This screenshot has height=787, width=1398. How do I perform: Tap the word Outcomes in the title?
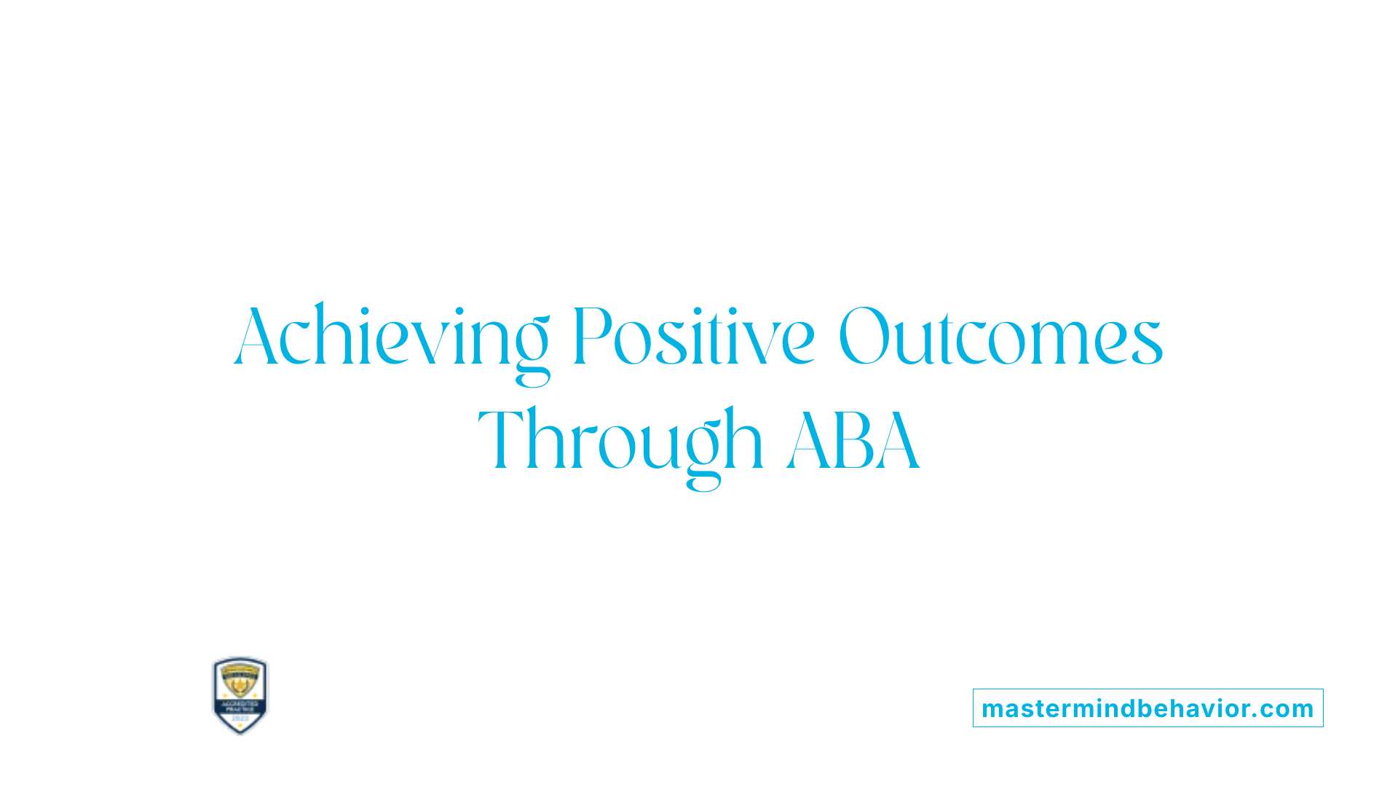click(1000, 337)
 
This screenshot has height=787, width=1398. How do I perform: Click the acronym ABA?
click(853, 442)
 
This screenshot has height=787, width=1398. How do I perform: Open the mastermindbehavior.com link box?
click(1148, 708)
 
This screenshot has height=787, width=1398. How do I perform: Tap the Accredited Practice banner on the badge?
click(240, 706)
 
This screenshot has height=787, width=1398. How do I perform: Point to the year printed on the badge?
click(240, 719)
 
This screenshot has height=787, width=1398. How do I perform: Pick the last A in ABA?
click(899, 442)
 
